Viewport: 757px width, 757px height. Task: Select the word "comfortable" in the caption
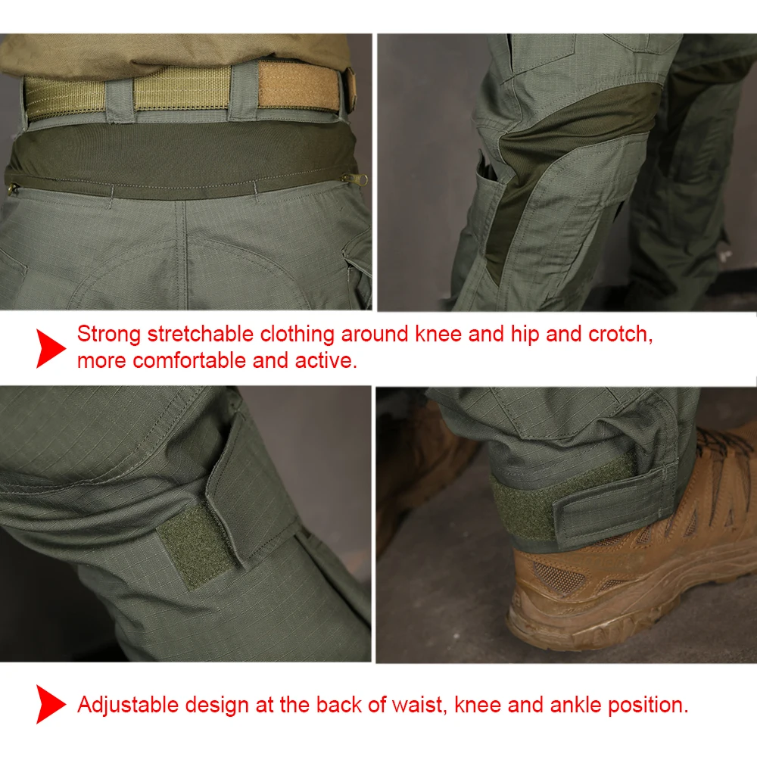190,360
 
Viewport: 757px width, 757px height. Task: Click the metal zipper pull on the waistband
357,180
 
